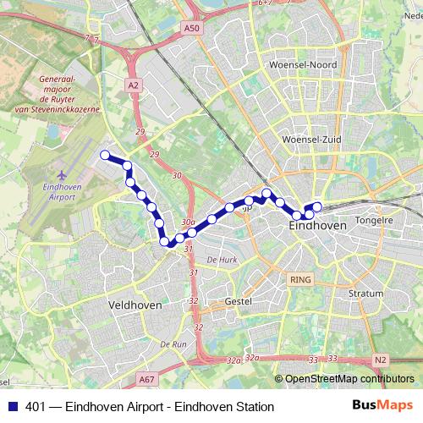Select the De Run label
click(x=173, y=344)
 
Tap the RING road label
click(x=299, y=277)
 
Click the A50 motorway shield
click(x=192, y=29)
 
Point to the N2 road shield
click(x=379, y=359)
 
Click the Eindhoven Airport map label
click(x=58, y=191)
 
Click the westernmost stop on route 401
click(x=106, y=155)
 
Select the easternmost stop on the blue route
click(x=318, y=206)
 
